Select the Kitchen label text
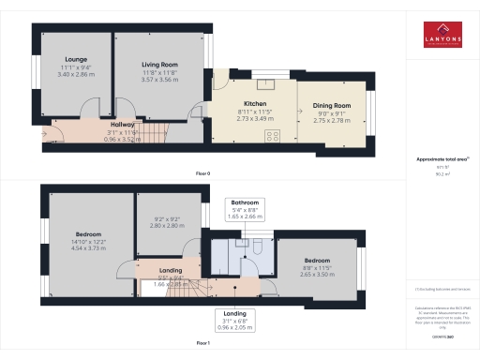click(x=255, y=103)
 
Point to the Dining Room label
click(x=331, y=106)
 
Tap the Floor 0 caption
click(x=202, y=174)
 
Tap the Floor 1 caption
click(x=202, y=344)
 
